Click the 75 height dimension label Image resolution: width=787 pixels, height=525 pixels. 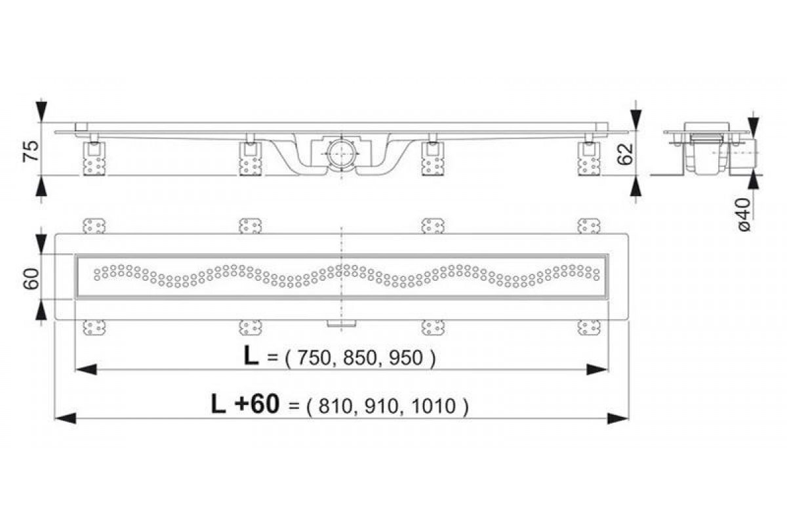(x=31, y=151)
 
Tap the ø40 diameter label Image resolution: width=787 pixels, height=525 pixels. (x=744, y=215)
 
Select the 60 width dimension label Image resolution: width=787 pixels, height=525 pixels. (x=31, y=279)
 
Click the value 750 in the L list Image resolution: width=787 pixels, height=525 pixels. (x=314, y=358)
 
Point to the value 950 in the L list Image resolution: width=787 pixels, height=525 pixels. (x=405, y=358)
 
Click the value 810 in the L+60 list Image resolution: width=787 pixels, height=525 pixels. (x=335, y=406)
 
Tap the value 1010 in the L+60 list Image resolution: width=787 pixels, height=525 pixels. (x=434, y=406)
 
